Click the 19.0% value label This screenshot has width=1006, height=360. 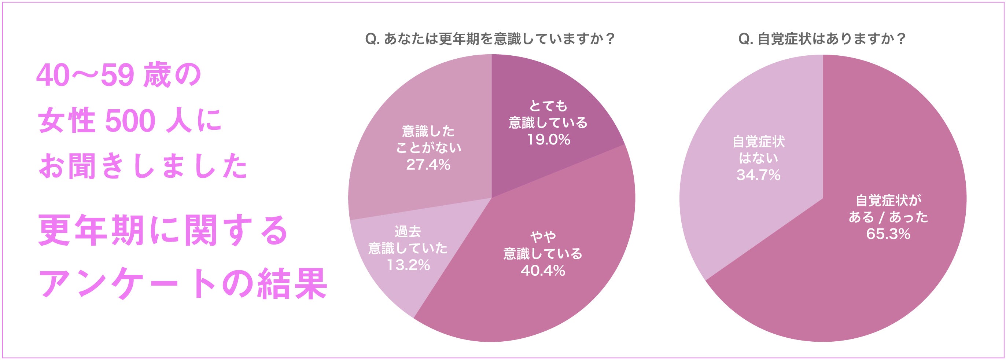pos(548,140)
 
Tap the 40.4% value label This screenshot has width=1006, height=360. pos(542,271)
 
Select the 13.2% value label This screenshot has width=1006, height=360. pos(408,265)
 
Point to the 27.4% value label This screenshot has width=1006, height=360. pos(428,165)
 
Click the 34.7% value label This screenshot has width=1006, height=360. pos(758,175)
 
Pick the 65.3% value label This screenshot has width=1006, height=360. pos(888,234)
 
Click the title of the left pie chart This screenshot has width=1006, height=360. pos(490,39)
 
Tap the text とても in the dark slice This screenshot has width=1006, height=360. pos(548,106)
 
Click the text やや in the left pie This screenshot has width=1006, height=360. pos(542,236)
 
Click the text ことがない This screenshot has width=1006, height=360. pos(428,148)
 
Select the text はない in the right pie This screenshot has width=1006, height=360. pos(758,158)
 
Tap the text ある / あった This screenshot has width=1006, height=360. pos(888,217)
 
